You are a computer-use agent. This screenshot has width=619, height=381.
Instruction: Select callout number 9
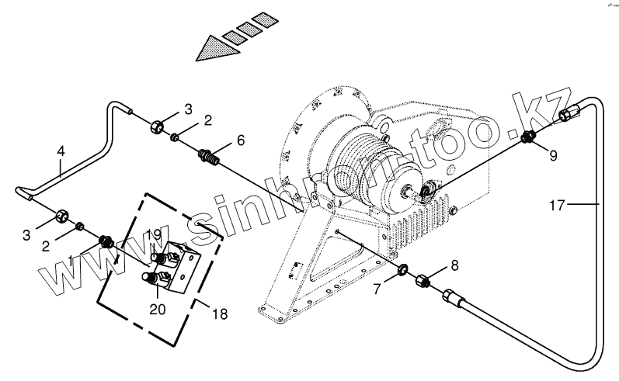[554, 155]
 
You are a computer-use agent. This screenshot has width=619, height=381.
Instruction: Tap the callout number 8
[454, 265]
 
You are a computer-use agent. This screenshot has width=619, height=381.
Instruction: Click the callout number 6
[241, 140]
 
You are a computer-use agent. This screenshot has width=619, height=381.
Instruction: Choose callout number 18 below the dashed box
[221, 314]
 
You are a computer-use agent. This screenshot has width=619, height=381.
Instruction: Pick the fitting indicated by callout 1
[107, 243]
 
